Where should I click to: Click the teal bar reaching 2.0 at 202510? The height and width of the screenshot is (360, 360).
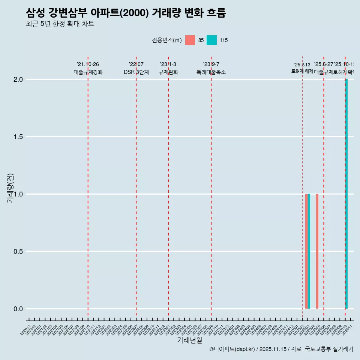(346, 194)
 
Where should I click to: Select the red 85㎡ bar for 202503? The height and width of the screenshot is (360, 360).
(306, 251)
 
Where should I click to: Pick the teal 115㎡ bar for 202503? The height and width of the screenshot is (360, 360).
(309, 251)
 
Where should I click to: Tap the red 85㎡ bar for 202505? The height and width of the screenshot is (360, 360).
(317, 251)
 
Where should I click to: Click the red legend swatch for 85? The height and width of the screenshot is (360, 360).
(190, 40)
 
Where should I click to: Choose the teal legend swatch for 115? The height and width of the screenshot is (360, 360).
(212, 40)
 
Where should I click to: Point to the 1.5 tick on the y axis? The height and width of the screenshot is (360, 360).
(18, 137)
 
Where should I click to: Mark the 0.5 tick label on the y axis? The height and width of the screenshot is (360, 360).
(18, 252)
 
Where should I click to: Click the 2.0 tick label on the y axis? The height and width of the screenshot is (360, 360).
(18, 79)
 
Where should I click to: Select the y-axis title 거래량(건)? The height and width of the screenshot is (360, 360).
(10, 188)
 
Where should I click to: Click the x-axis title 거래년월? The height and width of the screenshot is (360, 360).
(189, 340)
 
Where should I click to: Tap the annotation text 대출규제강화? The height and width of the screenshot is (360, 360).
(88, 72)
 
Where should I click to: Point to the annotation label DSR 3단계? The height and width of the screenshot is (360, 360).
(136, 72)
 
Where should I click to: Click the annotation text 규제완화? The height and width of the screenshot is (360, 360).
(168, 72)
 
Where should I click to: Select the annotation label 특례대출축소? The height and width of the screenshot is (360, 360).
(211, 72)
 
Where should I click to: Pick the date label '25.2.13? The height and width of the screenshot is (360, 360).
(302, 65)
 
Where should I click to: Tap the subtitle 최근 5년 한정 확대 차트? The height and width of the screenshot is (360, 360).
(60, 24)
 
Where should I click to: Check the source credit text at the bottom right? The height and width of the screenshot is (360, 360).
(281, 349)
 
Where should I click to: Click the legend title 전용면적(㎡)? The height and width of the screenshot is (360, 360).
(167, 40)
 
